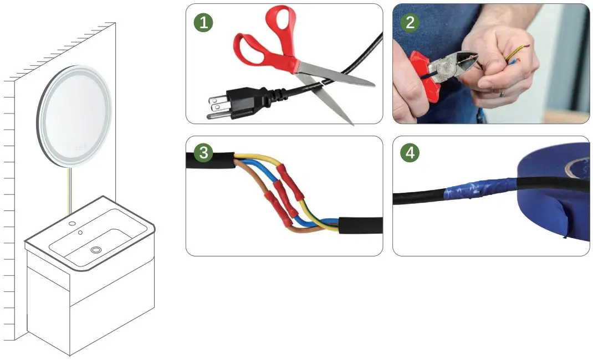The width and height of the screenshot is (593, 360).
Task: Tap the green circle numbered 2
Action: pos(410,22)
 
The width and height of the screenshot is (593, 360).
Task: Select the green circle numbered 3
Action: pos(203,153)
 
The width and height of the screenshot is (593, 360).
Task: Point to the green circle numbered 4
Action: pos(410,153)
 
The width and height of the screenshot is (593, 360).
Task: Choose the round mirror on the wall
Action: pos(75,116)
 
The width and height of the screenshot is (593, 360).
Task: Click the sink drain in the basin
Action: pos(96,251)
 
